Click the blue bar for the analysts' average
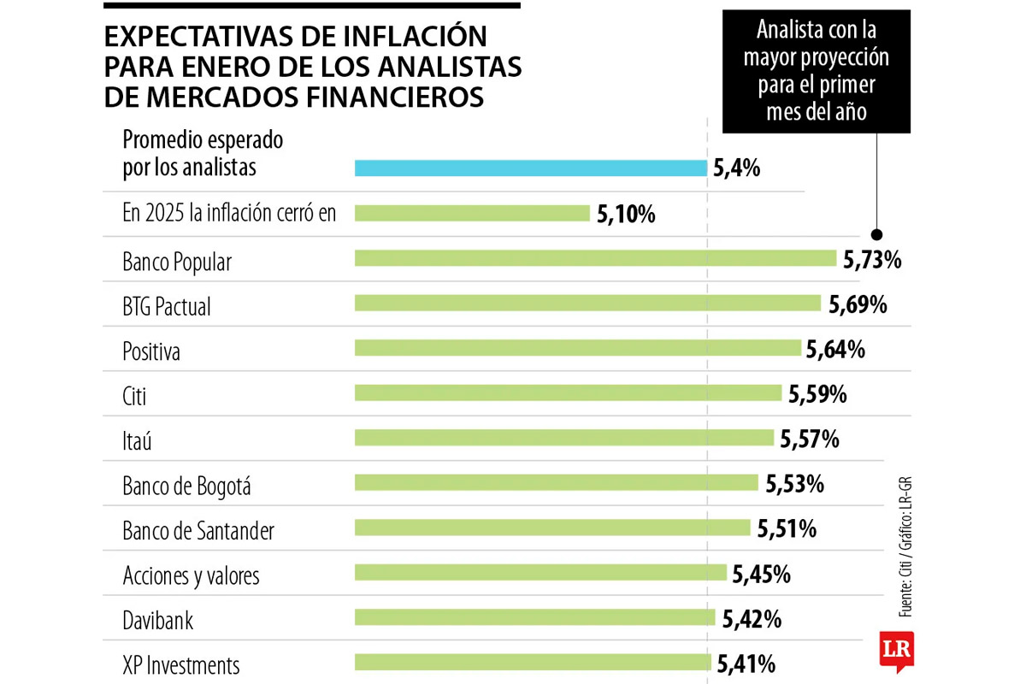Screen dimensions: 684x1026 click(531, 168)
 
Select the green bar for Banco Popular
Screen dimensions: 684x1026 click(595, 258)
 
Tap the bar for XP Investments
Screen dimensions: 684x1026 click(533, 662)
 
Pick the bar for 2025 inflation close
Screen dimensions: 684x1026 click(472, 213)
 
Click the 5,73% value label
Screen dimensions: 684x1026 click(872, 260)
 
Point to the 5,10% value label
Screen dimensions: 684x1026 click(626, 215)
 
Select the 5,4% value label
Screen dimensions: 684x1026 click(736, 168)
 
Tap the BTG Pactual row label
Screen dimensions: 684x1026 click(167, 306)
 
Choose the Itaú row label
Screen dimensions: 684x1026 click(142, 440)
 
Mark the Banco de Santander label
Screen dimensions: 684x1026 click(198, 531)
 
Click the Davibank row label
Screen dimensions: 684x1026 click(158, 621)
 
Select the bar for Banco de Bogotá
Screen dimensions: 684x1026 click(557, 482)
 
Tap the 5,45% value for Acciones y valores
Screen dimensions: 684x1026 click(761, 575)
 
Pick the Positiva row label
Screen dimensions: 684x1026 click(151, 351)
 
